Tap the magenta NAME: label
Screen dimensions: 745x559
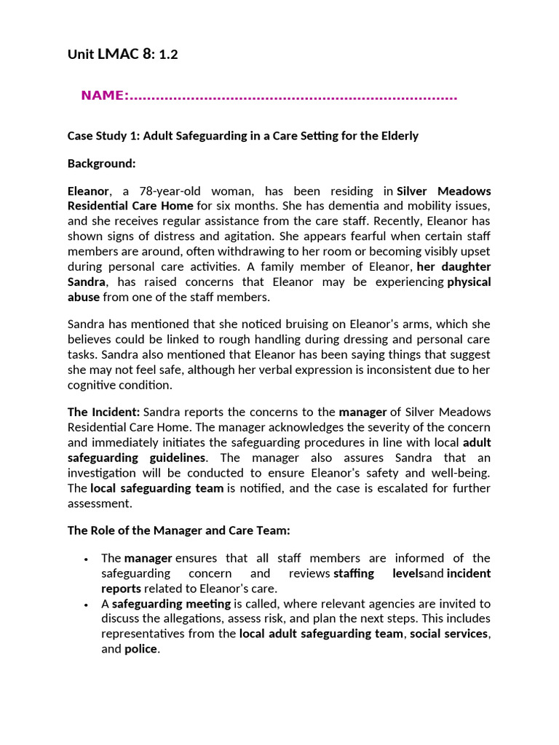click(105, 96)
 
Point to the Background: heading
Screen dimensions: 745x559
click(102, 164)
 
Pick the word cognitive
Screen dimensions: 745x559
click(94, 386)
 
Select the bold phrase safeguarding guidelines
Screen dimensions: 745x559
click(137, 458)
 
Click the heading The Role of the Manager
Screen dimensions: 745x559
click(178, 530)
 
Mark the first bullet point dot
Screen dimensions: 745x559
click(87, 559)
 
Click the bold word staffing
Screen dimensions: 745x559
click(354, 573)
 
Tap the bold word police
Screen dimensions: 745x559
click(140, 649)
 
